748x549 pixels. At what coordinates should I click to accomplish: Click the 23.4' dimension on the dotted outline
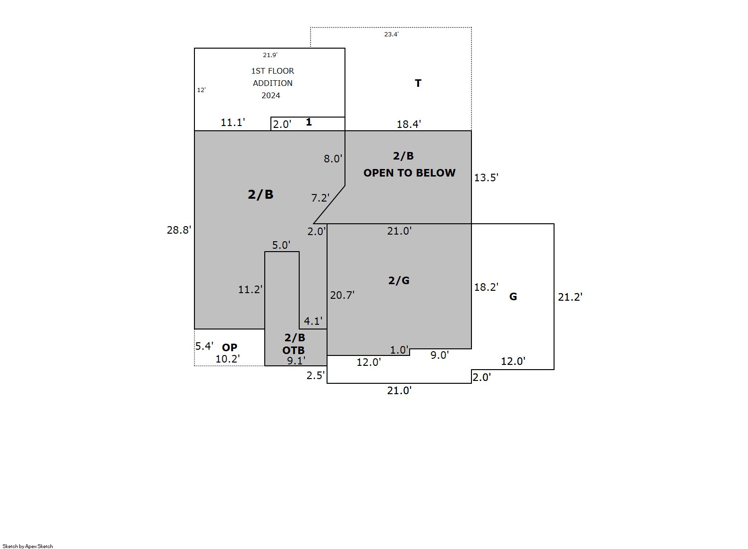(391, 34)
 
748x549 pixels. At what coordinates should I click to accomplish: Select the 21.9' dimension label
(270, 55)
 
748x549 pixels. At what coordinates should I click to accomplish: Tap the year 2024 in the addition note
(271, 95)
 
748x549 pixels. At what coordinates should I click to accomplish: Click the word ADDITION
(272, 83)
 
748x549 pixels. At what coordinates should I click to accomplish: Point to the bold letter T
(418, 83)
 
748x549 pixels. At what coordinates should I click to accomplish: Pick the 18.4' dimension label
(409, 124)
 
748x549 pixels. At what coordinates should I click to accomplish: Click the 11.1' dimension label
(233, 123)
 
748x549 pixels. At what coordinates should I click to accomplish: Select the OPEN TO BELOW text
(410, 173)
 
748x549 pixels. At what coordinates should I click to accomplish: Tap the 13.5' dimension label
(486, 177)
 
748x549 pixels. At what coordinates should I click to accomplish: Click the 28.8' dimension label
(179, 230)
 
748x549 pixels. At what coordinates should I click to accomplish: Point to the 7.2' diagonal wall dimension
(320, 198)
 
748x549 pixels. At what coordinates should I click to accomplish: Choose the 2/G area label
(399, 280)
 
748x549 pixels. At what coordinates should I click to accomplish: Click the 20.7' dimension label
(342, 295)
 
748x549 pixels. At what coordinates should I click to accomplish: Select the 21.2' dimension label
(570, 297)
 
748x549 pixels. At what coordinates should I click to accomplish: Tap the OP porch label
(230, 347)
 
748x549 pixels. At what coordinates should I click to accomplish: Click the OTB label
(294, 350)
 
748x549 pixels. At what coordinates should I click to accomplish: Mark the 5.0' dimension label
(281, 245)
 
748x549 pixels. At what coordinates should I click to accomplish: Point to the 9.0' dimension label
(439, 355)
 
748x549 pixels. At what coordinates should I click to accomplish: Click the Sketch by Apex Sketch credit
(28, 546)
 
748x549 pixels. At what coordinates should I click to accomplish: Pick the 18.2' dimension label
(486, 287)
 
